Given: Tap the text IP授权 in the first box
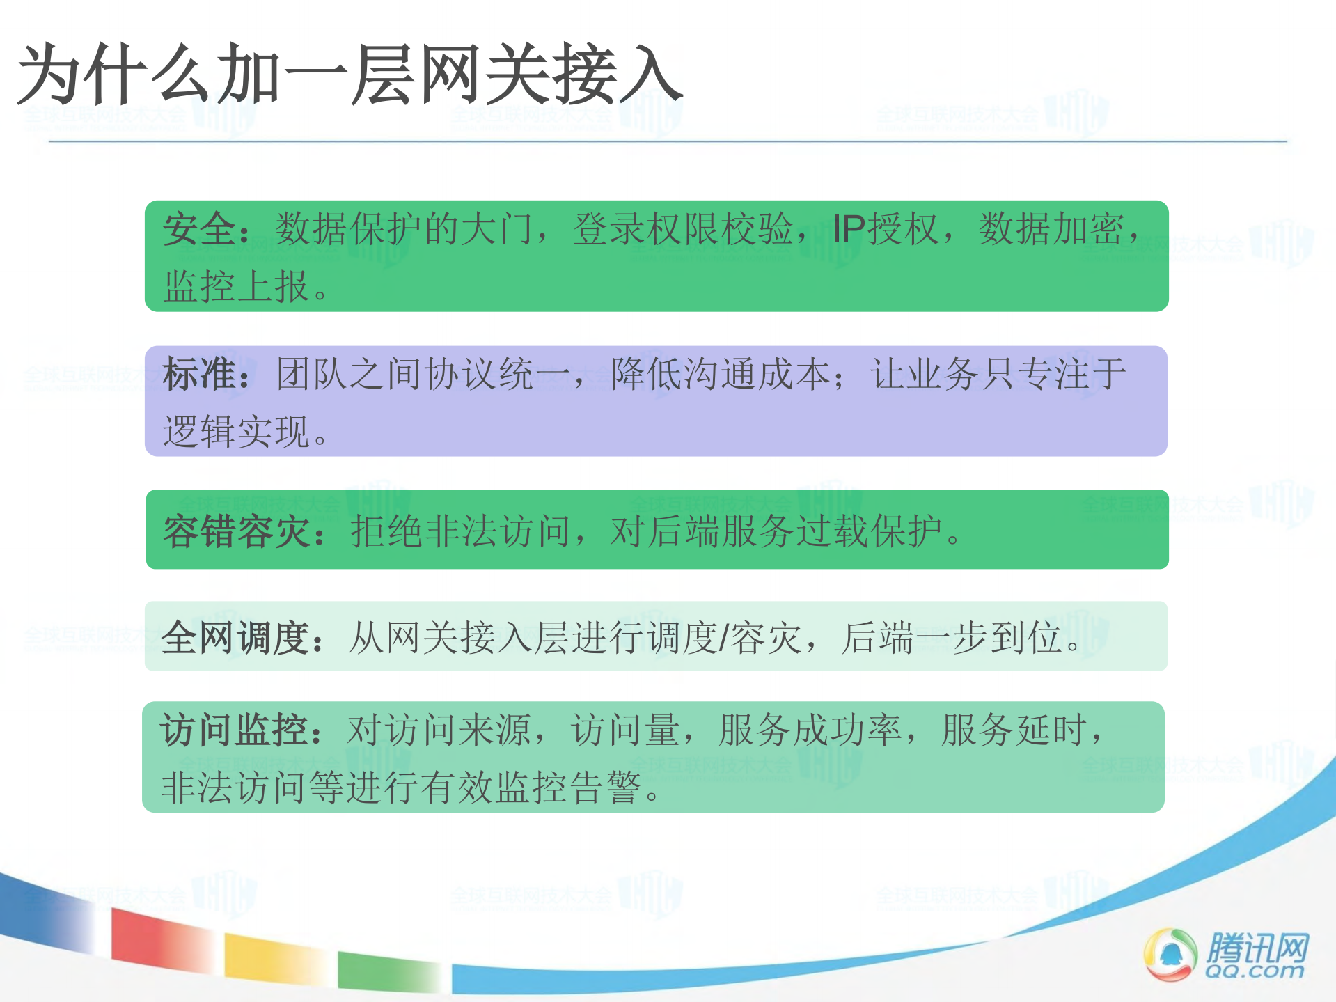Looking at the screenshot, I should pos(886,229).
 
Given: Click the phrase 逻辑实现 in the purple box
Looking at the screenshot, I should pos(237,432).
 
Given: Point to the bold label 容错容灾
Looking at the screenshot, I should pos(237,531).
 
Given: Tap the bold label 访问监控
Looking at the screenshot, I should pos(234,730).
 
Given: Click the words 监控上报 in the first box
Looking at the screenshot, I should pos(237,286).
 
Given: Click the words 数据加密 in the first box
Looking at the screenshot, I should pos(1051,229).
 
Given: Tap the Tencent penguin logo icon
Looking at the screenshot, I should pos(1170,954).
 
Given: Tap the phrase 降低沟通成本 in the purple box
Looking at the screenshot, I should pos(721,374).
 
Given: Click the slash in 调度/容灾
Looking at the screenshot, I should pos(724,637).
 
